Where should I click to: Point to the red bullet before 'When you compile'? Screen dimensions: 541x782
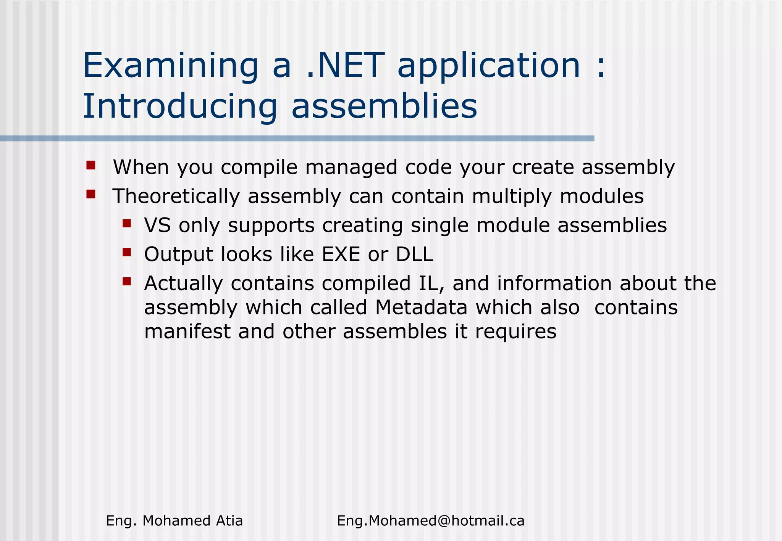point(91,165)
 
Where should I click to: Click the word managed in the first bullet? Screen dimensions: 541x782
point(351,167)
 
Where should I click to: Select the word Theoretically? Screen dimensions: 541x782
point(176,196)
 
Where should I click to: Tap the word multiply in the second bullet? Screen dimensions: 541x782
point(512,196)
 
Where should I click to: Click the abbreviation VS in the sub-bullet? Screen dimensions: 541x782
point(157,225)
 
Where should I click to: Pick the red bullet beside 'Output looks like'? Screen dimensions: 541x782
point(127,252)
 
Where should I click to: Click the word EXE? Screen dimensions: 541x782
point(341,254)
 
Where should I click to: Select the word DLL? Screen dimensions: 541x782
point(414,254)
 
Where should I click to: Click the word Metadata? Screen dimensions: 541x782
point(421,308)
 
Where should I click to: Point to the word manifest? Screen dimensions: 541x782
point(187,331)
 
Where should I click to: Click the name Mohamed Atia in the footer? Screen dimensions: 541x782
point(192,521)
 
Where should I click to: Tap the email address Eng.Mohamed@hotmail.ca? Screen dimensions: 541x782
point(430,521)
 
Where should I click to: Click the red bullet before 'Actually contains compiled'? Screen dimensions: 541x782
point(127,282)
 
